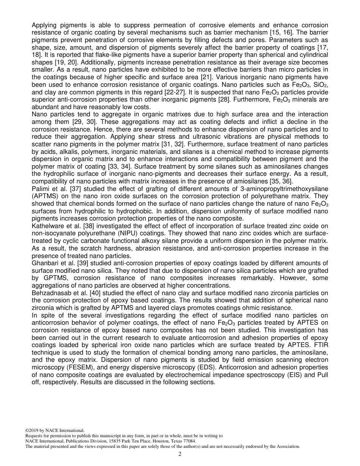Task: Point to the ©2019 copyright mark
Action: click(x=33, y=430)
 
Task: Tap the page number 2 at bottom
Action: click(x=180, y=454)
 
